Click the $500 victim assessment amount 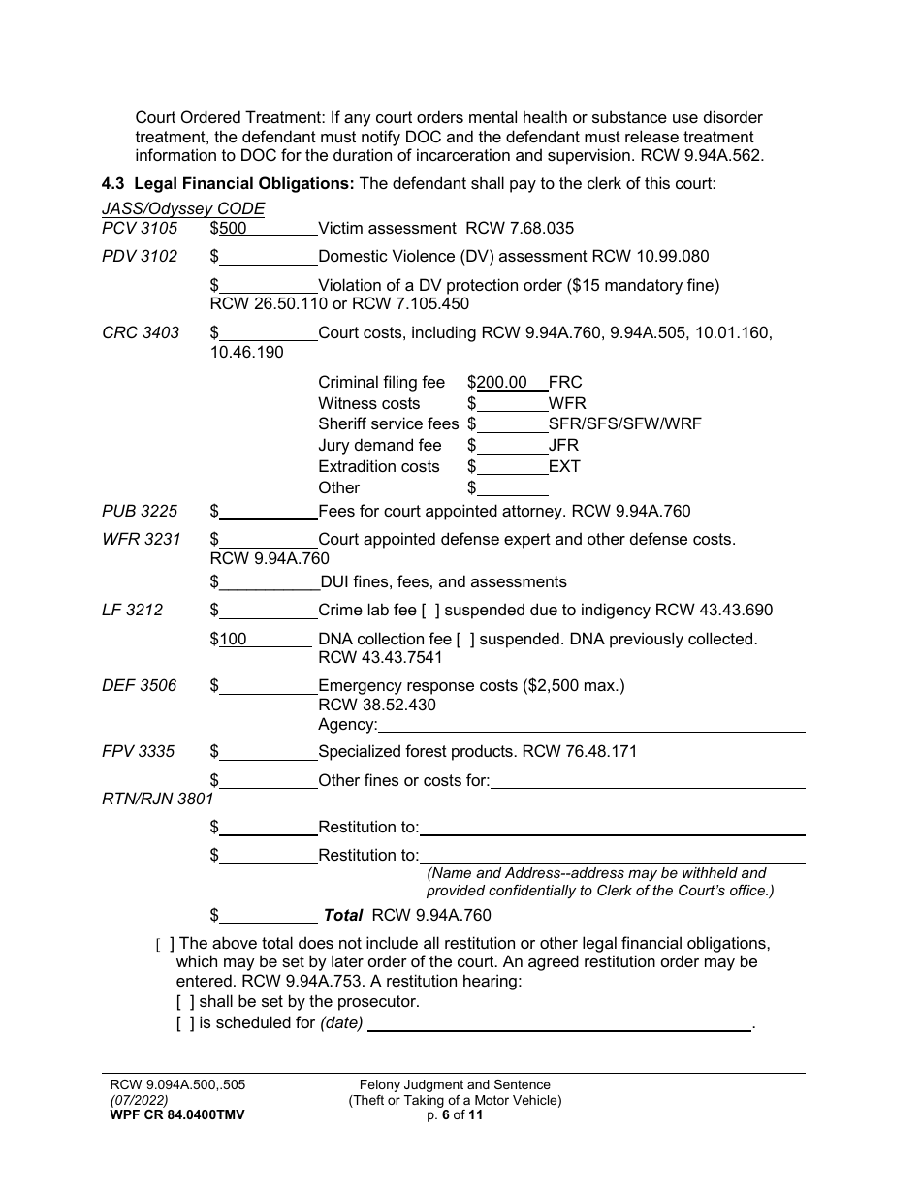coord(233,229)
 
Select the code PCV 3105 coord(140,229)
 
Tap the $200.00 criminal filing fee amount coord(502,383)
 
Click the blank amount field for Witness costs coord(512,404)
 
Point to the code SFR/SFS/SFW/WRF coord(624,424)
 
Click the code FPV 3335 coord(140,752)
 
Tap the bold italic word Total coord(342,915)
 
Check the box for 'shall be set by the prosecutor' coord(184,1002)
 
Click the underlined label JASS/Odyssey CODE coord(183,208)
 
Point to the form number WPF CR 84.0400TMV coord(177,1115)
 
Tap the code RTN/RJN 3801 coord(157,800)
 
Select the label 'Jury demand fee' coord(379,446)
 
